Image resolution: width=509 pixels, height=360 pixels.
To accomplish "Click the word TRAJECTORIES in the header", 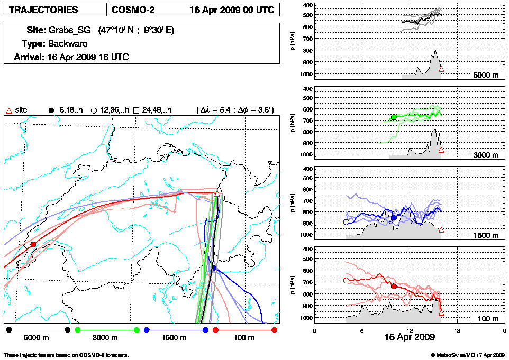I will tap(43, 10).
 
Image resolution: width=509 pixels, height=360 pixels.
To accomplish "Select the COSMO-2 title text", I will tap(133, 10).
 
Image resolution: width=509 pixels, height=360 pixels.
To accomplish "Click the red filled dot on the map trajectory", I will tap(33, 244).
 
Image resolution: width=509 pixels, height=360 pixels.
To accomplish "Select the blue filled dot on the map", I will tap(214, 269).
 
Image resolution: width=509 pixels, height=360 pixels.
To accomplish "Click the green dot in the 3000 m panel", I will tap(394, 117).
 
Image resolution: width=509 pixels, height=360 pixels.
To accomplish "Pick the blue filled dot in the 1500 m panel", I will tap(394, 217).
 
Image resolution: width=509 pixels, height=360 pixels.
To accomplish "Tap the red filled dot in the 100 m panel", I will tap(394, 287).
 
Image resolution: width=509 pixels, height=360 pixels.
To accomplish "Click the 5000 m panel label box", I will tap(485, 75).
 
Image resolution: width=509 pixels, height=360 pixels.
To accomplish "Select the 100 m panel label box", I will tap(485, 319).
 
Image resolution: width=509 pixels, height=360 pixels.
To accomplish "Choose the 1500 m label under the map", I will tap(175, 337).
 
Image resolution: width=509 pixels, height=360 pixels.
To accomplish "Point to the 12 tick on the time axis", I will tap(410, 330).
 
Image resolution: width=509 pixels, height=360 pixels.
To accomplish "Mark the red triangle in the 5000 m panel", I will tap(441, 69).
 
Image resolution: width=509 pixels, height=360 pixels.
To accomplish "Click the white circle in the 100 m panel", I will tap(346, 281).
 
